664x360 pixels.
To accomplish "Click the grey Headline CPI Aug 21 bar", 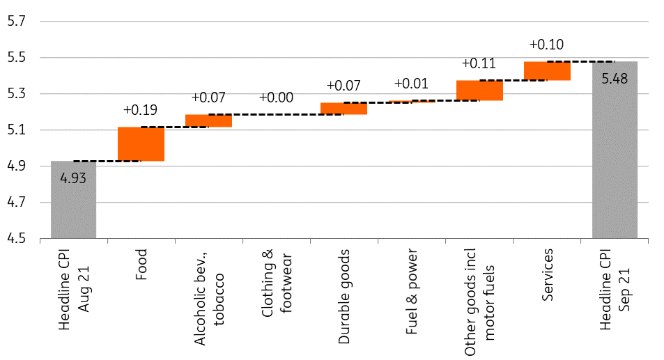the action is pyautogui.click(x=73, y=200).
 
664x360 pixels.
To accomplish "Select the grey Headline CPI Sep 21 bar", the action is pyautogui.click(x=615, y=150).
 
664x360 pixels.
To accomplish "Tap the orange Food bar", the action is pyautogui.click(x=141, y=144).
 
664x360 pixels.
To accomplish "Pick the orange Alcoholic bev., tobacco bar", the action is pyautogui.click(x=208, y=120).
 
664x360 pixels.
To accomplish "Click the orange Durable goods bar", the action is pyautogui.click(x=343, y=109).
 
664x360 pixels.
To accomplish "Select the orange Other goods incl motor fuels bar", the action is pyautogui.click(x=479, y=90).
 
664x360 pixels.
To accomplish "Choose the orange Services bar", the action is pyautogui.click(x=547, y=70).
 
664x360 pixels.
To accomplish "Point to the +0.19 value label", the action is pyautogui.click(x=140, y=110).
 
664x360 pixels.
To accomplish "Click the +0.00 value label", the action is pyautogui.click(x=276, y=97).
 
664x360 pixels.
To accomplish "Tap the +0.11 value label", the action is pyautogui.click(x=479, y=63).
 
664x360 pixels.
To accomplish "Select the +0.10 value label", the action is pyautogui.click(x=546, y=45).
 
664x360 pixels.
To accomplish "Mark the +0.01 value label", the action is pyautogui.click(x=411, y=84).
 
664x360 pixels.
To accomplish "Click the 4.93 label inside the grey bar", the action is pyautogui.click(x=73, y=178).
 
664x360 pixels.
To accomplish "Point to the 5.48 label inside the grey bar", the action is pyautogui.click(x=615, y=79).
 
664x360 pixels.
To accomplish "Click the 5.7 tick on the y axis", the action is pyautogui.click(x=17, y=21).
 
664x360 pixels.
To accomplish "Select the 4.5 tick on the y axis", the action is pyautogui.click(x=17, y=238).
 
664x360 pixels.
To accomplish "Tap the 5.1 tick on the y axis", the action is pyautogui.click(x=17, y=130).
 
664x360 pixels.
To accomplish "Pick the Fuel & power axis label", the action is pyautogui.click(x=412, y=292).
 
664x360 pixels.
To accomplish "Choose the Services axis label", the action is pyautogui.click(x=547, y=274).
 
